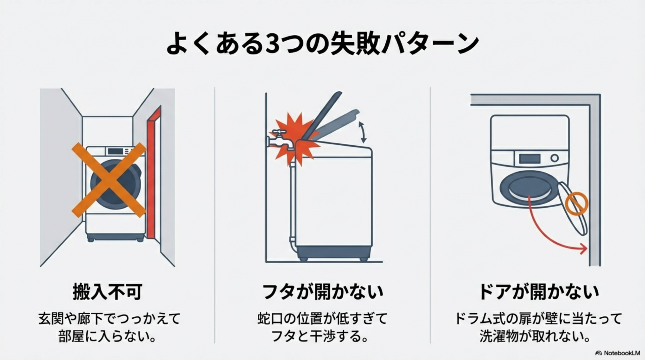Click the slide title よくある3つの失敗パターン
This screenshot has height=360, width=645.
(x=322, y=43)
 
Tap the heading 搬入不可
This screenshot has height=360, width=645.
(x=107, y=291)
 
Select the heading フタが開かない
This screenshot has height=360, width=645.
(x=322, y=291)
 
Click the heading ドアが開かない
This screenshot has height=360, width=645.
(x=538, y=291)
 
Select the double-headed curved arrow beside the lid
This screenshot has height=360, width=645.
(x=362, y=133)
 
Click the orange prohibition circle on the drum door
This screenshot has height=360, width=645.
(x=576, y=204)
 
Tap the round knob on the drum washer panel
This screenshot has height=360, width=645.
(x=555, y=158)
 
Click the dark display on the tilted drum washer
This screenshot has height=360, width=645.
(x=530, y=159)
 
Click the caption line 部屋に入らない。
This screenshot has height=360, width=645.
(x=107, y=336)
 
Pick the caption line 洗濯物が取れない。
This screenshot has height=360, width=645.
(x=535, y=336)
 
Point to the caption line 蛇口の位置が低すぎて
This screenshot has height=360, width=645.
(x=322, y=318)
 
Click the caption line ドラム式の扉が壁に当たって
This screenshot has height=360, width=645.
(x=538, y=318)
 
